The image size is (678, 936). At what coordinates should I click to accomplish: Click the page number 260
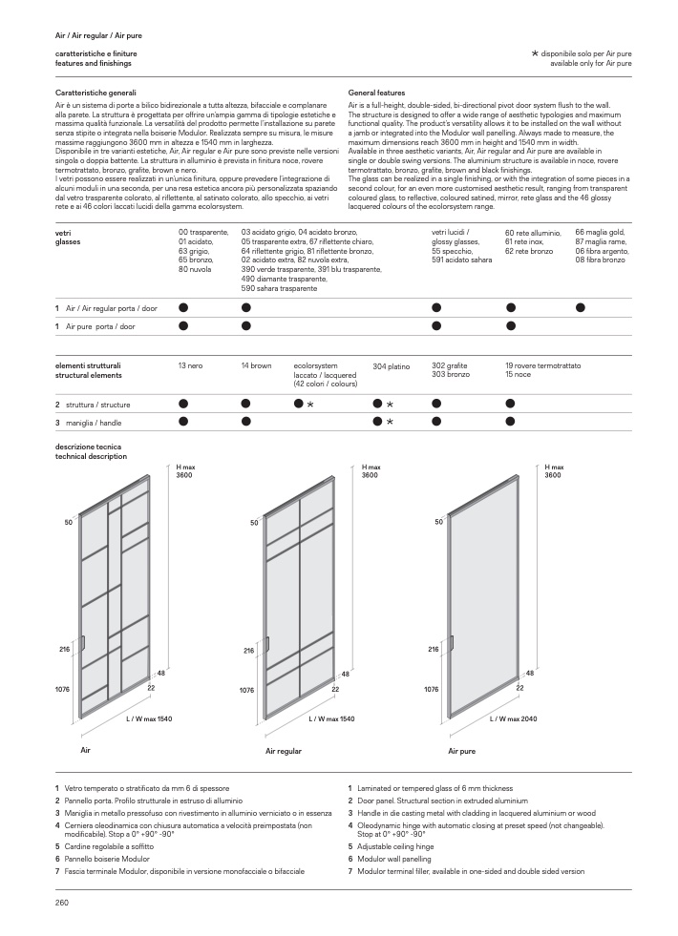62,902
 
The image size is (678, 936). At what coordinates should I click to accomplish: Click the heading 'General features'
377,94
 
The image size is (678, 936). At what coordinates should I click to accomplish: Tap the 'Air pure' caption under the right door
462,752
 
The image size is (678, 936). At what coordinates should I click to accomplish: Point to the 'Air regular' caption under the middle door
284,752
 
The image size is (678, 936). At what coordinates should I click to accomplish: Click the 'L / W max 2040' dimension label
514,718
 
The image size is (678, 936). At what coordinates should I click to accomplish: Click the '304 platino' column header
391,365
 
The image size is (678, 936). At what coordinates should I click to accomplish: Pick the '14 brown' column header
256,365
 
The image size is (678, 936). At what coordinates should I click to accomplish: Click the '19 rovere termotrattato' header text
542,365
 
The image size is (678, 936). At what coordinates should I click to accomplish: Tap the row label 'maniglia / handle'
98,422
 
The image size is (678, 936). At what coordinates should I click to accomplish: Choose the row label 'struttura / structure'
98,405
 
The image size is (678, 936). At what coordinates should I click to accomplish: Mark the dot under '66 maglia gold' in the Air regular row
581,307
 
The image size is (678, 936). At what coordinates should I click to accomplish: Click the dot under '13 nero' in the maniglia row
183,421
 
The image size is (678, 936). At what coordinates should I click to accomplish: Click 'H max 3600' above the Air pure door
552,470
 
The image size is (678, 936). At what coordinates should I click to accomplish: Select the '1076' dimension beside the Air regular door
246,688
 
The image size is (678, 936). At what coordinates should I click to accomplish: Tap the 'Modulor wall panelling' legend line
396,859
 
